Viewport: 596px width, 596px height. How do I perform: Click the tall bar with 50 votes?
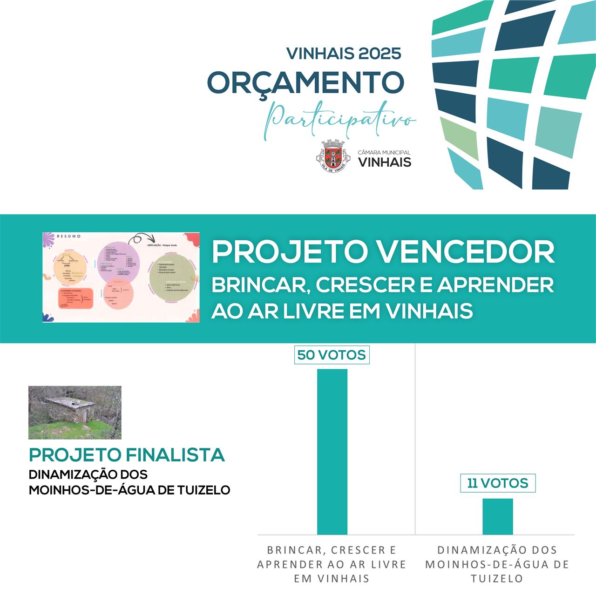click(x=332, y=452)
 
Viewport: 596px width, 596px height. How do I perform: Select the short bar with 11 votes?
click(x=497, y=516)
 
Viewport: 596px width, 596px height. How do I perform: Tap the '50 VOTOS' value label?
click(x=332, y=355)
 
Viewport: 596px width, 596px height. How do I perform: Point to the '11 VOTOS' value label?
click(x=497, y=483)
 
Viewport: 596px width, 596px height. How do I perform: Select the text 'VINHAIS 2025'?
click(x=344, y=54)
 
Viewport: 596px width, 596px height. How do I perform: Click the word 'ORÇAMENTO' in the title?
click(x=305, y=82)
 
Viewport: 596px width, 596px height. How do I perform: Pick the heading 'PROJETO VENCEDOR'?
click(x=383, y=252)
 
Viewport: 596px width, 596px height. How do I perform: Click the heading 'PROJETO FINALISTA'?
click(x=127, y=455)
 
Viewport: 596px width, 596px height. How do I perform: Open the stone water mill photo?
click(x=74, y=413)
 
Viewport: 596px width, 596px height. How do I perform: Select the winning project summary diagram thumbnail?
click(x=121, y=278)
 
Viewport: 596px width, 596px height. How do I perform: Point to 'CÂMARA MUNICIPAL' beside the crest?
click(x=384, y=153)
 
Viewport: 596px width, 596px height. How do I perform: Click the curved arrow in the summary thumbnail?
click(x=139, y=239)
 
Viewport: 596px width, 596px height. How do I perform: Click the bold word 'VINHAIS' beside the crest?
click(x=384, y=162)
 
